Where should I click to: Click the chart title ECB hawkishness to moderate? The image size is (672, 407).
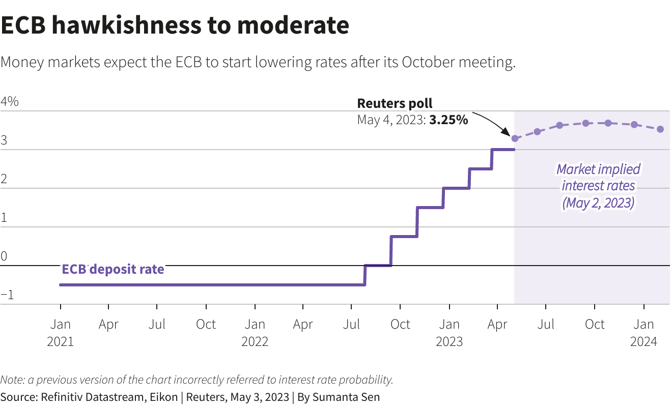[x=175, y=26]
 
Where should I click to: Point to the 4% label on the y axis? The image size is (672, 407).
[x=10, y=101]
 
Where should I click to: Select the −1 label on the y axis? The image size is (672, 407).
[x=7, y=295]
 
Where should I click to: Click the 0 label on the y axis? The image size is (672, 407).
[x=4, y=256]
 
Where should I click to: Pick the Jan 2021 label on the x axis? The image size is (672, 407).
[x=61, y=332]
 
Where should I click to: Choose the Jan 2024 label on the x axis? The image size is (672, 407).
[x=644, y=332]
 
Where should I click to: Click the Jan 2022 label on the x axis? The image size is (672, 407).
[x=255, y=332]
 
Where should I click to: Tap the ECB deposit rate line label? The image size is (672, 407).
[x=113, y=269]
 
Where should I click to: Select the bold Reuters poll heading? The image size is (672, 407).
[x=395, y=104]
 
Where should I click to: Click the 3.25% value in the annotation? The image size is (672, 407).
[x=449, y=121]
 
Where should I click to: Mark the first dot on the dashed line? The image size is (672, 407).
[x=515, y=138]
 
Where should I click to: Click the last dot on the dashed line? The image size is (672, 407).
[x=660, y=129]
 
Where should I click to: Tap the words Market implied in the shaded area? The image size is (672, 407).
[x=598, y=169]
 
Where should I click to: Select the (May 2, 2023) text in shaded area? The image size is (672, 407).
[x=598, y=203]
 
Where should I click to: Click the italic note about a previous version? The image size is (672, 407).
[x=197, y=380]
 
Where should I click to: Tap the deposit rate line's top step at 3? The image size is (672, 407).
[x=503, y=150]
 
